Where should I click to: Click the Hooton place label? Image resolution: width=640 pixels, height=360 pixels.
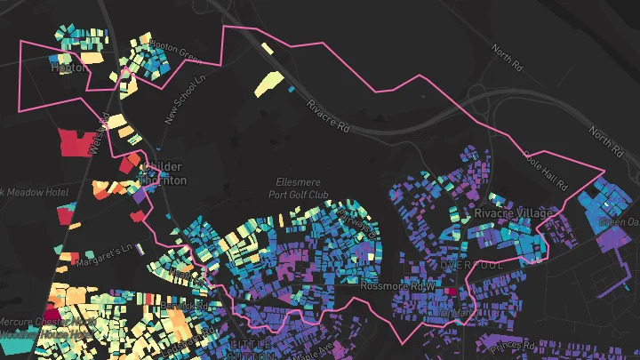tap(68, 66)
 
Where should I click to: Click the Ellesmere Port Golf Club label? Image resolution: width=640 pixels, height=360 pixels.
tap(302, 188)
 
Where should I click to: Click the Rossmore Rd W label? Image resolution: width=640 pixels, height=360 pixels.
tap(397, 286)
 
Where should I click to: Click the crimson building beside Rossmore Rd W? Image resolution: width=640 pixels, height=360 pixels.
tap(450, 290)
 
